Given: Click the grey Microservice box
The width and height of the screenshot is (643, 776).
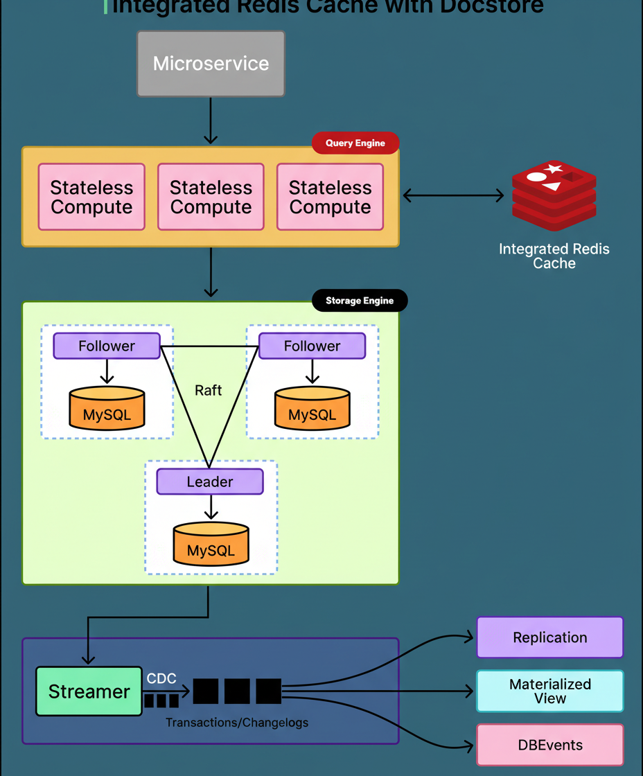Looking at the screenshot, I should [211, 63].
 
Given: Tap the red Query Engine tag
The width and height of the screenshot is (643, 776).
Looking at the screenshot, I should [355, 143].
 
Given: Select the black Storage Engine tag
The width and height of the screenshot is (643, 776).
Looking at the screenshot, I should [359, 301].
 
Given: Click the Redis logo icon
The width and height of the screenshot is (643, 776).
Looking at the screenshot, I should [554, 195].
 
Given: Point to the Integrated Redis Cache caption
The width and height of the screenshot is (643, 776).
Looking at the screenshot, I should [554, 256].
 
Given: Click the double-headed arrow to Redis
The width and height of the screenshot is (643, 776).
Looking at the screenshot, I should [453, 196].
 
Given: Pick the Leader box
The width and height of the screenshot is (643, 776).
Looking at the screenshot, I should [210, 482].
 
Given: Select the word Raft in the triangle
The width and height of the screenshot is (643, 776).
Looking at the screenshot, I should [209, 390].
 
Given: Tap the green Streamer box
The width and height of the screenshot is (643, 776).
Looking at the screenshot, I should [89, 691].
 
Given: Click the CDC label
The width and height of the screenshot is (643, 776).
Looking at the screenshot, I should [161, 678].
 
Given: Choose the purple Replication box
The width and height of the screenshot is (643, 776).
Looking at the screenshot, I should [549, 637].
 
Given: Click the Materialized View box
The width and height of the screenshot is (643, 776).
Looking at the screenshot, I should [549, 691].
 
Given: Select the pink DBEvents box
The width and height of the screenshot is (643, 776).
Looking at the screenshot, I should [549, 746].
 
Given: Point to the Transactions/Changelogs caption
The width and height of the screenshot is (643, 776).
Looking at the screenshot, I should [237, 723].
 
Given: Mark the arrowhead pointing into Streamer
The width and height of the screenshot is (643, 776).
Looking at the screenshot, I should [89, 658].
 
